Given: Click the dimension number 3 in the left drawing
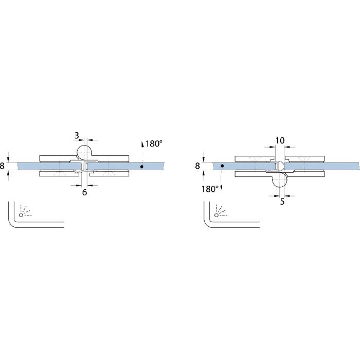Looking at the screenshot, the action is (77, 135).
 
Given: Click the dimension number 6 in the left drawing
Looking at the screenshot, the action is (84, 192).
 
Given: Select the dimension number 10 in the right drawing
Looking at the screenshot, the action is (280, 140).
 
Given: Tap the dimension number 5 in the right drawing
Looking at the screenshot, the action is (282, 202).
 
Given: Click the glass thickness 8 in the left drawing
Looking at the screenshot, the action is (2, 166).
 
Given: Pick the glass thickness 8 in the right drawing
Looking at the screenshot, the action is (197, 166).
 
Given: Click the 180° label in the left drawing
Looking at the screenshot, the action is (154, 143).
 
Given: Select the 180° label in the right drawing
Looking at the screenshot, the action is (210, 189).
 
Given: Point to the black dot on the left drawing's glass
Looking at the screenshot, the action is (141, 167).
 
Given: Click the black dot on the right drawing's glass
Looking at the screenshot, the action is (222, 166).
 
